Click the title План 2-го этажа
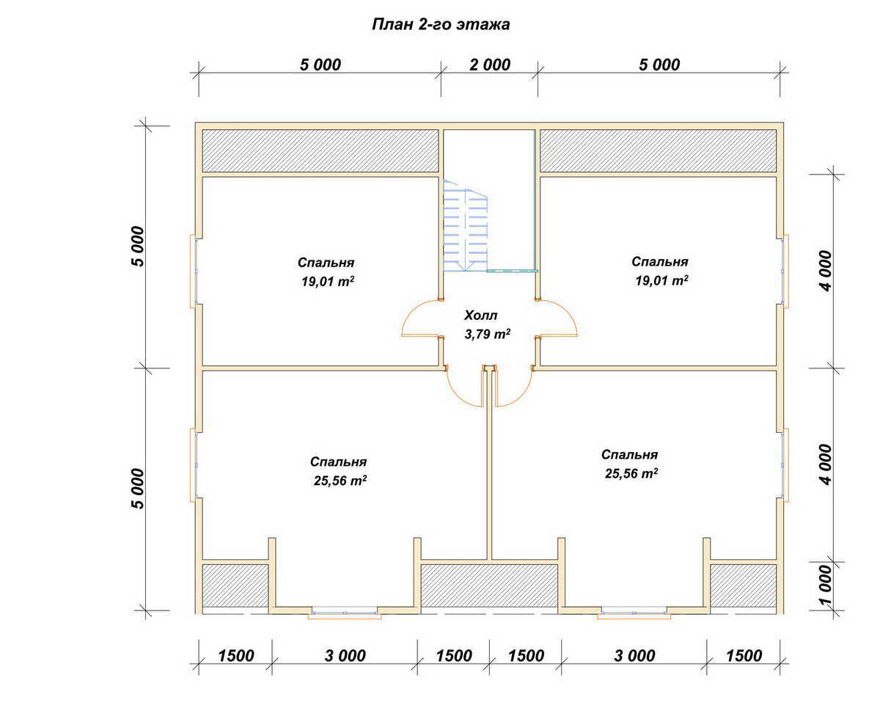tap(441, 24)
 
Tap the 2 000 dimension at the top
tap(490, 65)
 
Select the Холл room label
tap(481, 316)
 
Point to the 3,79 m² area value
tap(487, 334)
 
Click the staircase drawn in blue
tap(465, 225)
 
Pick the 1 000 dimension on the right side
tap(825, 586)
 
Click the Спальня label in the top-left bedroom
tap(326, 263)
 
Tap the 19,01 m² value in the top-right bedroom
tap(661, 281)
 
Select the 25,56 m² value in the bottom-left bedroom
tap(340, 481)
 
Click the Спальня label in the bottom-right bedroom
tap(630, 455)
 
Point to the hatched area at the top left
tap(320, 150)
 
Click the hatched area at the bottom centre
tap(489, 586)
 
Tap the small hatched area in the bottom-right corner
tap(744, 586)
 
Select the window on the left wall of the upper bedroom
tap(194, 271)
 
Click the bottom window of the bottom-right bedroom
tap(634, 613)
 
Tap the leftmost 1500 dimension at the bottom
tap(235, 656)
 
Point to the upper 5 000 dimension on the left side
tap(139, 247)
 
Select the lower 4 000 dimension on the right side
tap(826, 464)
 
